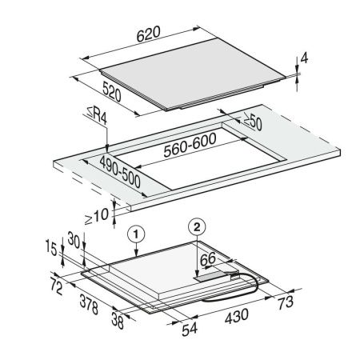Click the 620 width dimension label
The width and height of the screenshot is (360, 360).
pos(149,34)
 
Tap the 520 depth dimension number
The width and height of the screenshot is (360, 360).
pos(112,92)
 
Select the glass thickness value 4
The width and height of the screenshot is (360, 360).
pos(304,58)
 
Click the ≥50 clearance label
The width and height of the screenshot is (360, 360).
pos(252,122)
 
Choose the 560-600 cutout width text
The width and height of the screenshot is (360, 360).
pos(190,145)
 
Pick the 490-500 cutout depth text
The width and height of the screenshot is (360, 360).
pos(120,172)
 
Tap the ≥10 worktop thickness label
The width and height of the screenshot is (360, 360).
pos(97,216)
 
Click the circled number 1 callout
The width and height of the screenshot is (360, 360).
pos(136,234)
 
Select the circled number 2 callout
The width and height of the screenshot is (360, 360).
pos(197,227)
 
